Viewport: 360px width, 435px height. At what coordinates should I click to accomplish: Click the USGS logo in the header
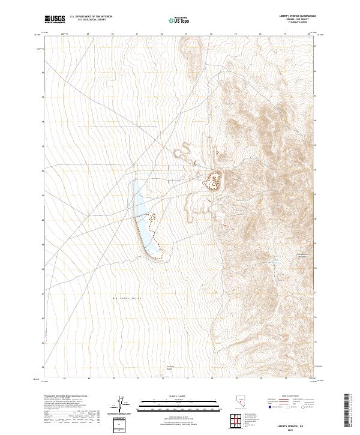[x=55, y=19]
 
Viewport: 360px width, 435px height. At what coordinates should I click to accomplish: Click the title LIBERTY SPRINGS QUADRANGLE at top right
[x=296, y=16]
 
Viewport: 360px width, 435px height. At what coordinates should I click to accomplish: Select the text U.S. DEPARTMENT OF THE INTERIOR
[x=91, y=17]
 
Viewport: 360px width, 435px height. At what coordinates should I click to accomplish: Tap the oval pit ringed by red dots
[x=213, y=179]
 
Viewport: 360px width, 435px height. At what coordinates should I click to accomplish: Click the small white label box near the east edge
[x=302, y=256]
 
